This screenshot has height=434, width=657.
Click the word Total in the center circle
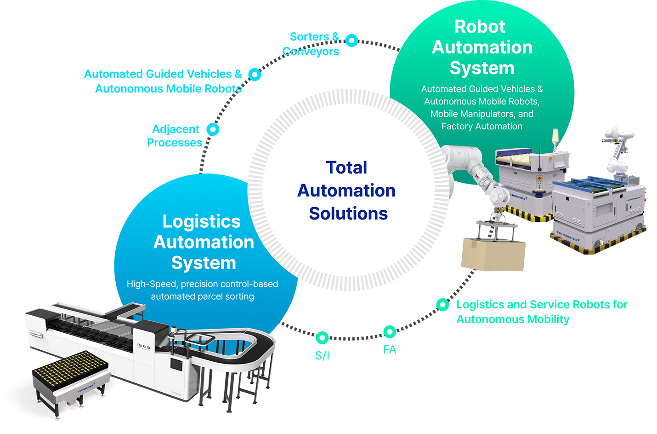pos(346,168)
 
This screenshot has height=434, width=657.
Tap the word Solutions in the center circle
pos(348,214)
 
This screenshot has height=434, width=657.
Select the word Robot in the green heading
pos(480,27)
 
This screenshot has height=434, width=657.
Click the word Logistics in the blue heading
pos(201,221)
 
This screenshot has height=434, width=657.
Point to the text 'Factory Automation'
pos(481,126)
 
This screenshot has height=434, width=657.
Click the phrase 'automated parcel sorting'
pos(202,296)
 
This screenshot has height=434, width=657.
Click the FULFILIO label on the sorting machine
pos(143,346)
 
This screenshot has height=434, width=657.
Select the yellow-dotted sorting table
pos(69,368)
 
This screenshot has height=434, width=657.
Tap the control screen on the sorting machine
pos(176,364)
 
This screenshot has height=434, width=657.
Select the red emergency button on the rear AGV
pos(539,178)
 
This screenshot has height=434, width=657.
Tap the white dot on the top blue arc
pos(351,41)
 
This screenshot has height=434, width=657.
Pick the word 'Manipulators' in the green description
pos(487,114)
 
